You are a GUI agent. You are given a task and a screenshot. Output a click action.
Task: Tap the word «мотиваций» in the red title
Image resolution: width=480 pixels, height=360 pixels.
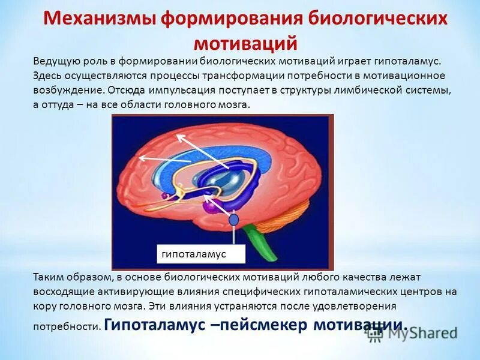245,43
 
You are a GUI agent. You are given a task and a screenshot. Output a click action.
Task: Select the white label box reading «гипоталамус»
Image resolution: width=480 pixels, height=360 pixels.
201,254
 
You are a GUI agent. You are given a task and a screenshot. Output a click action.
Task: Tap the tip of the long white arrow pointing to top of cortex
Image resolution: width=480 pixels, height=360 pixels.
178,136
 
